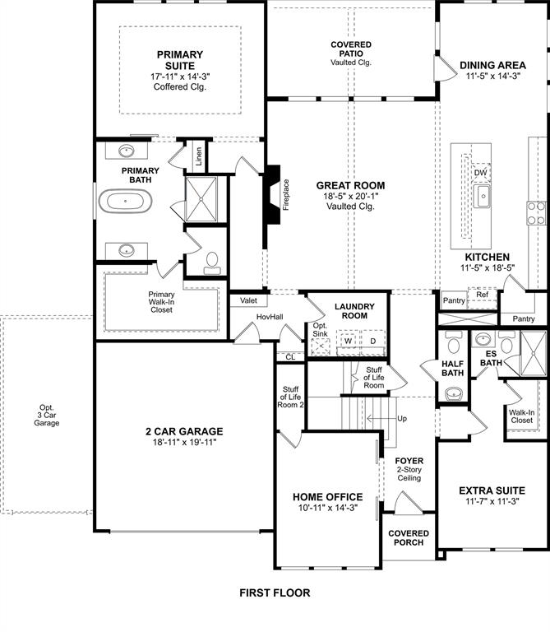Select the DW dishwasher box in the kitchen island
[481, 172]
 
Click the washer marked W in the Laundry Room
[348, 340]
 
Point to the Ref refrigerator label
[482, 294]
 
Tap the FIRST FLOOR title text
[275, 592]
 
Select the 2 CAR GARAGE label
[185, 431]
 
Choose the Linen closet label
[198, 155]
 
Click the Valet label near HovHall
[248, 301]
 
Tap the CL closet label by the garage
[289, 356]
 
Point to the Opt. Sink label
[320, 329]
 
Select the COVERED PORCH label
[409, 537]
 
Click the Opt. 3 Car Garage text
[47, 415]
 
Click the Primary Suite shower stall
[201, 197]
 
